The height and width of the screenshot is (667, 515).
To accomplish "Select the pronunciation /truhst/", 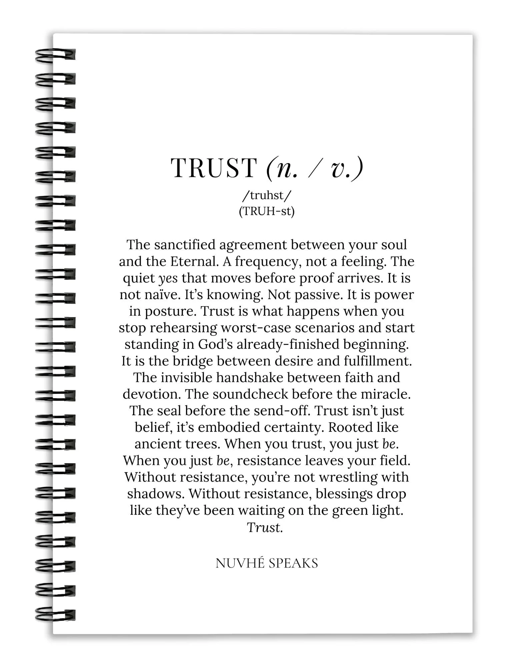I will pyautogui.click(x=267, y=195).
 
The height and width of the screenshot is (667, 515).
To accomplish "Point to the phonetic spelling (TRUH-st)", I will pyautogui.click(x=267, y=211).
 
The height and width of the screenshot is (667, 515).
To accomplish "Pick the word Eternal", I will pyautogui.click(x=194, y=261).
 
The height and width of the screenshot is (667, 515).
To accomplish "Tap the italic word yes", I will pyautogui.click(x=168, y=278).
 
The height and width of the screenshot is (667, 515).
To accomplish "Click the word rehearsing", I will pyautogui.click(x=183, y=328).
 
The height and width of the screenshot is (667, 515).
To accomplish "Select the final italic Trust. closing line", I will pyautogui.click(x=265, y=527).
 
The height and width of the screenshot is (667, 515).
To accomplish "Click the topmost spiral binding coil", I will pyautogui.click(x=55, y=55).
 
